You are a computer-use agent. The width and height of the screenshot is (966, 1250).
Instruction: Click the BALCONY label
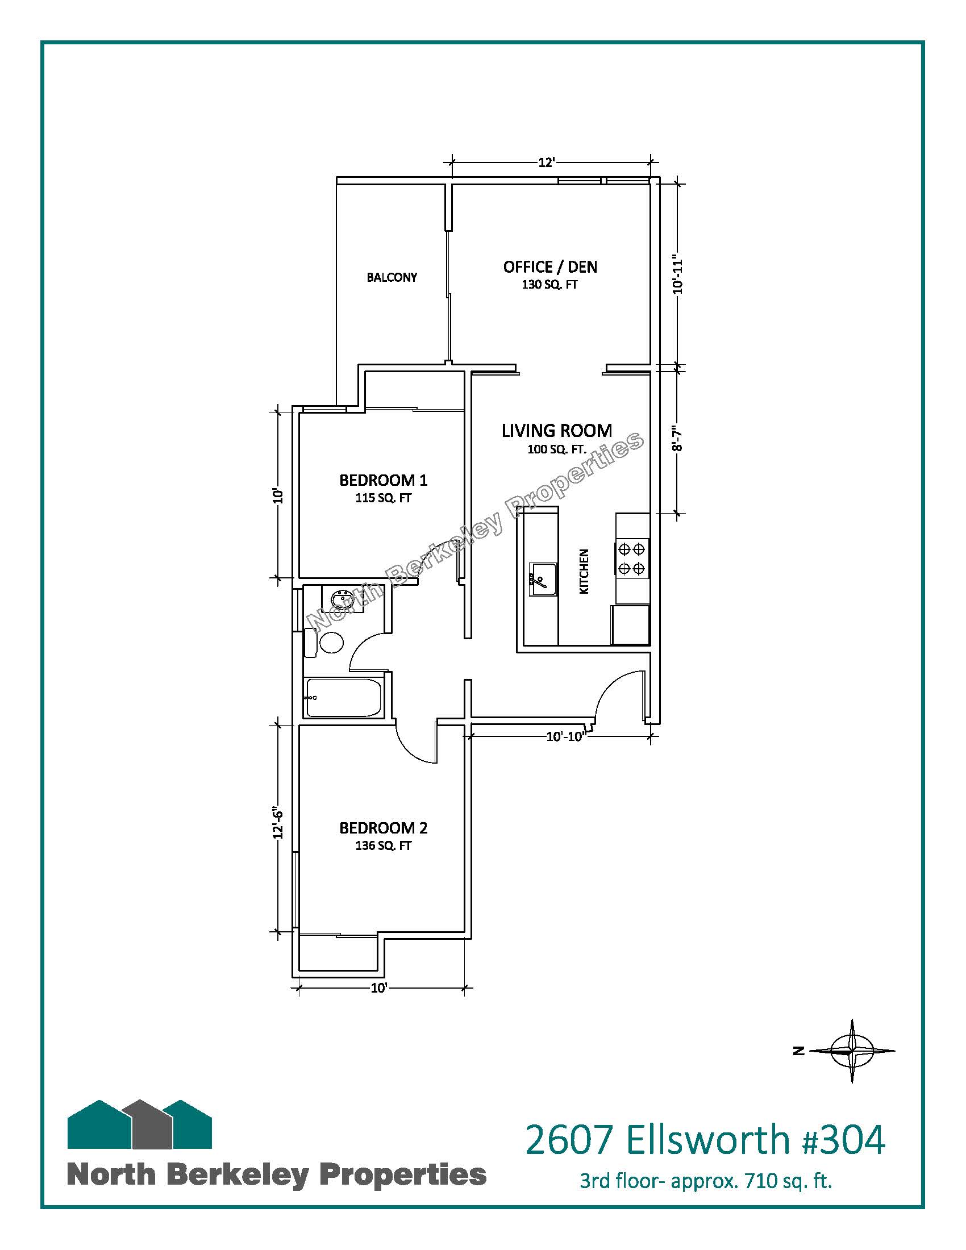(392, 278)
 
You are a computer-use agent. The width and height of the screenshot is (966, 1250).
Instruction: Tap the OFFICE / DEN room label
(550, 266)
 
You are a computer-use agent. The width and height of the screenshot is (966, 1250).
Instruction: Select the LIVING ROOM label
(557, 431)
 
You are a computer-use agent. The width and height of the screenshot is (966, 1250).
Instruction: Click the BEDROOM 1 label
(384, 480)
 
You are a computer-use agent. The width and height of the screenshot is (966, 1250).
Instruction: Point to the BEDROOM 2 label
(384, 828)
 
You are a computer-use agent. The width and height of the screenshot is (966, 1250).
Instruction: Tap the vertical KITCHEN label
(584, 571)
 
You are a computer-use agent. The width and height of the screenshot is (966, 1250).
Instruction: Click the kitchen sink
(543, 579)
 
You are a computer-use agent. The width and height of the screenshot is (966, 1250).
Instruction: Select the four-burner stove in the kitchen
(632, 559)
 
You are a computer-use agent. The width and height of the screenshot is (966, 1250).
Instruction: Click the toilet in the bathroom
(324, 642)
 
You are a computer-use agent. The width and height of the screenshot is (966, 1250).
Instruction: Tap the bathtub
(343, 698)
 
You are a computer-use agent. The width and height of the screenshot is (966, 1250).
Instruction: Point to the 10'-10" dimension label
(565, 736)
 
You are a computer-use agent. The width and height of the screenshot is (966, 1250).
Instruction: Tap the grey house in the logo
(152, 1123)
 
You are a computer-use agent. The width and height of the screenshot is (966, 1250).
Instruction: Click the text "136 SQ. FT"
(384, 845)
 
